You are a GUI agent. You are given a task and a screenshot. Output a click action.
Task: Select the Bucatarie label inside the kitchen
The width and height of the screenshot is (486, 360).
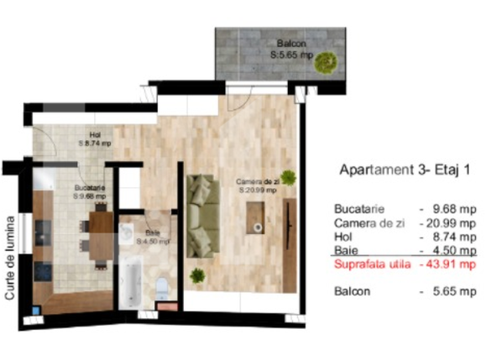90,191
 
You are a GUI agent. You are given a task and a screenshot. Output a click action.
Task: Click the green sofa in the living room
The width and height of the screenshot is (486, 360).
202,217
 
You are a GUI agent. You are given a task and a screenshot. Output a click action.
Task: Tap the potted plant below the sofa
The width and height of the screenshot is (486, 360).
198,274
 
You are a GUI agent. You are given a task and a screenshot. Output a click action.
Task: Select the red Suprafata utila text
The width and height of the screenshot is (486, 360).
372,264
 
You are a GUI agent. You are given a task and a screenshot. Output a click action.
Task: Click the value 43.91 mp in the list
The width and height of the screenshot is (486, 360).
452,264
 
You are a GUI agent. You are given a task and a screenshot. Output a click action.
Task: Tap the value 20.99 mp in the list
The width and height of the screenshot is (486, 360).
453,222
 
